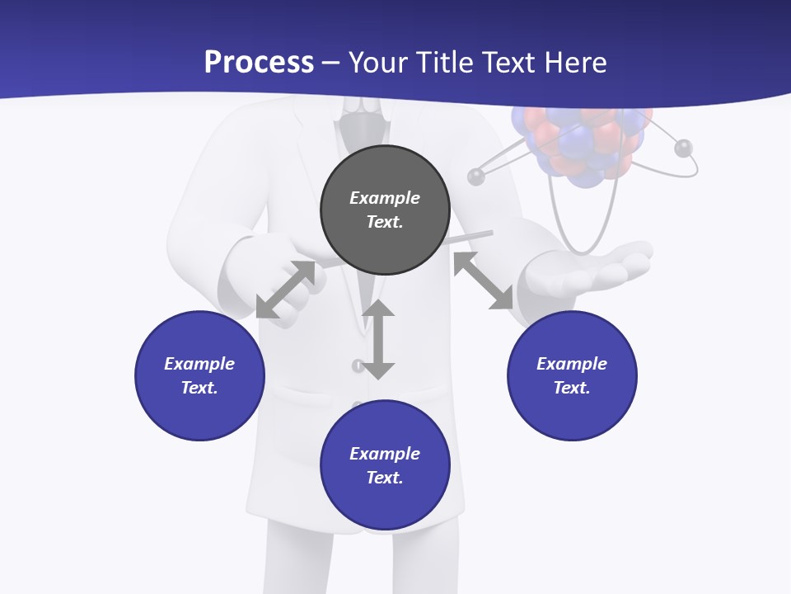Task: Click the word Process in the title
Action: tap(259, 63)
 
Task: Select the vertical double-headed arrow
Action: tap(378, 339)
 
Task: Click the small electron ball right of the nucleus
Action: tap(683, 148)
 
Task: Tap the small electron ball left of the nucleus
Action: tap(476, 176)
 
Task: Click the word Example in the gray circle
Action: tap(385, 198)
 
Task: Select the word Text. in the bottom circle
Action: tap(385, 478)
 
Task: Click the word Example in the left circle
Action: tap(199, 364)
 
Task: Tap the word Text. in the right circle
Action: tap(572, 388)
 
